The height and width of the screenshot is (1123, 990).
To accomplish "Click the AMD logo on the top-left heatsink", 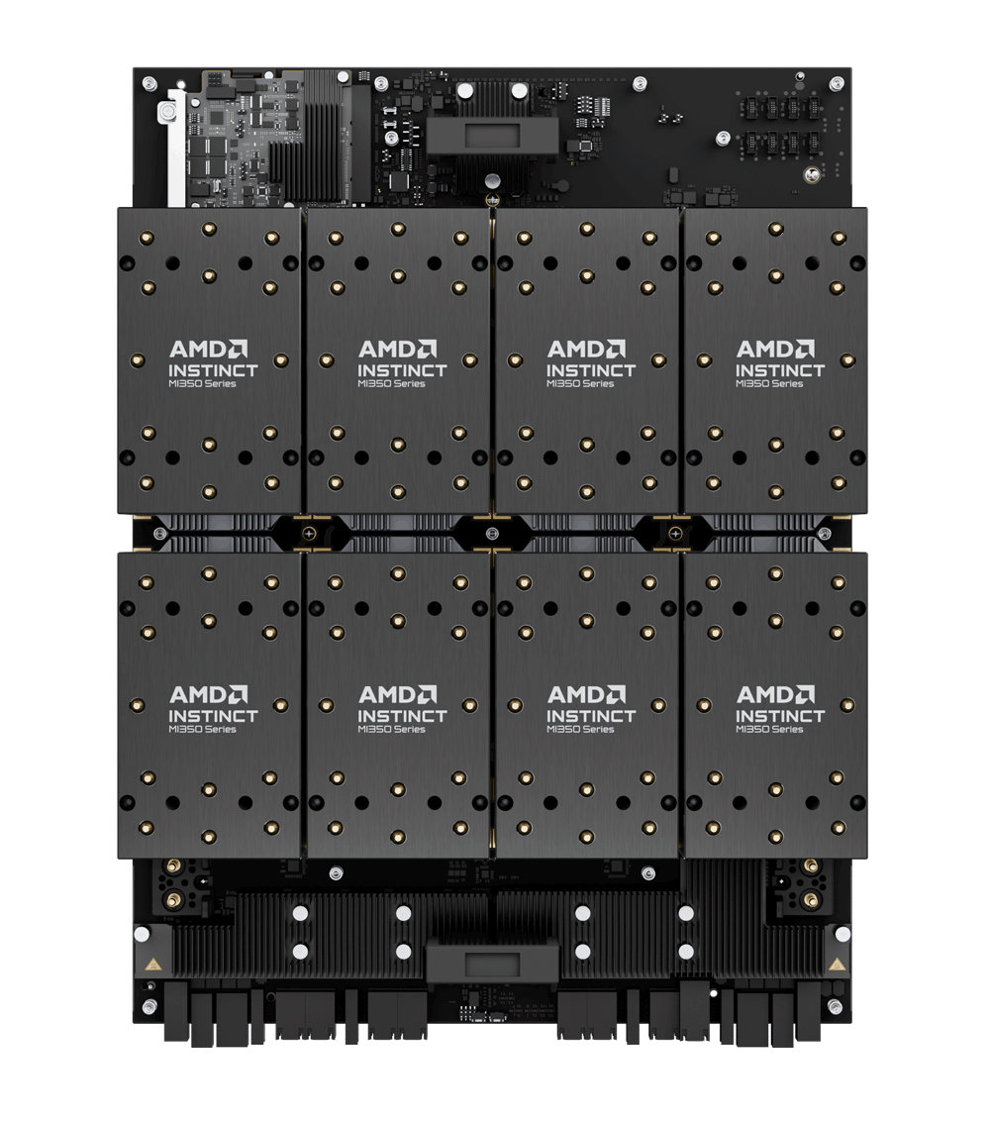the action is [x=208, y=349].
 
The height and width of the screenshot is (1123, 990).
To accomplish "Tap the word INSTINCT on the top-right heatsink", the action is [x=779, y=370].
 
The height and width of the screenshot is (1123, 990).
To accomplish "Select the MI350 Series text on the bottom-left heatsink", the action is [x=202, y=730].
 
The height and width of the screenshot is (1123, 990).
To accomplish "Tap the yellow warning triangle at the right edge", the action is [x=838, y=963].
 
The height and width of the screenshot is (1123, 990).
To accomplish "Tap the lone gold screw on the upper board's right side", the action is [x=812, y=174].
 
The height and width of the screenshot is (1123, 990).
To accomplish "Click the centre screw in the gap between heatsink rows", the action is [x=492, y=534].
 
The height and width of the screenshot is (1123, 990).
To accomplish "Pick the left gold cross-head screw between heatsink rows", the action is [x=311, y=534].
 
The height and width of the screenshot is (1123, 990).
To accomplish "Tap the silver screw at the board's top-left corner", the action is [x=148, y=82].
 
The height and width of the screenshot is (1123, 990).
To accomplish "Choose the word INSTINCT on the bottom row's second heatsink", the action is [x=402, y=716].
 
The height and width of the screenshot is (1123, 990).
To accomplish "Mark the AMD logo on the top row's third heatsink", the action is [x=586, y=349].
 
